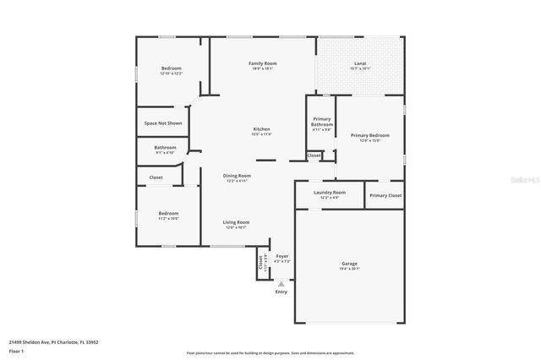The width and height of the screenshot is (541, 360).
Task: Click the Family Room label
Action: [x=262, y=63]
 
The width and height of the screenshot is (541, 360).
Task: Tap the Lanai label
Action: [x=359, y=63]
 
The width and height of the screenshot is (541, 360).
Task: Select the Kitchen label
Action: [x=261, y=128]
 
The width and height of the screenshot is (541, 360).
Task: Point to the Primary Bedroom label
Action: [x=370, y=135]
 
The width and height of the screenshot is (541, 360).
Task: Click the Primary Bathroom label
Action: [x=321, y=122]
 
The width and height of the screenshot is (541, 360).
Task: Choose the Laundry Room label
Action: [x=329, y=192]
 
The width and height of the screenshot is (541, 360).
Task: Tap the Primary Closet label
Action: [x=385, y=195]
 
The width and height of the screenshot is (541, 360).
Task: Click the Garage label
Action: [x=349, y=263]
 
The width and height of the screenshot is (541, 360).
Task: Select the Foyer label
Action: [x=282, y=255]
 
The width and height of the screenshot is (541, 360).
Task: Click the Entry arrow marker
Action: [x=281, y=284]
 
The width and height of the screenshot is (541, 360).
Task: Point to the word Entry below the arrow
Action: [x=281, y=292]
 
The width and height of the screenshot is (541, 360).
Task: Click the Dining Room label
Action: [x=238, y=176]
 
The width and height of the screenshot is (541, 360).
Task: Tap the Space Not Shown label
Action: [x=163, y=123]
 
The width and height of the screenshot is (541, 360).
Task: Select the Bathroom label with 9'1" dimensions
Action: [x=165, y=147]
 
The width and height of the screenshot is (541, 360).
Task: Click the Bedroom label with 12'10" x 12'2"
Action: [x=172, y=68]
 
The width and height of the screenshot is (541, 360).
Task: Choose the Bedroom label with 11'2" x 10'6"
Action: [x=168, y=213]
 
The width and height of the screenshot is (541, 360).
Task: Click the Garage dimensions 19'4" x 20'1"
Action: [x=349, y=269]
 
